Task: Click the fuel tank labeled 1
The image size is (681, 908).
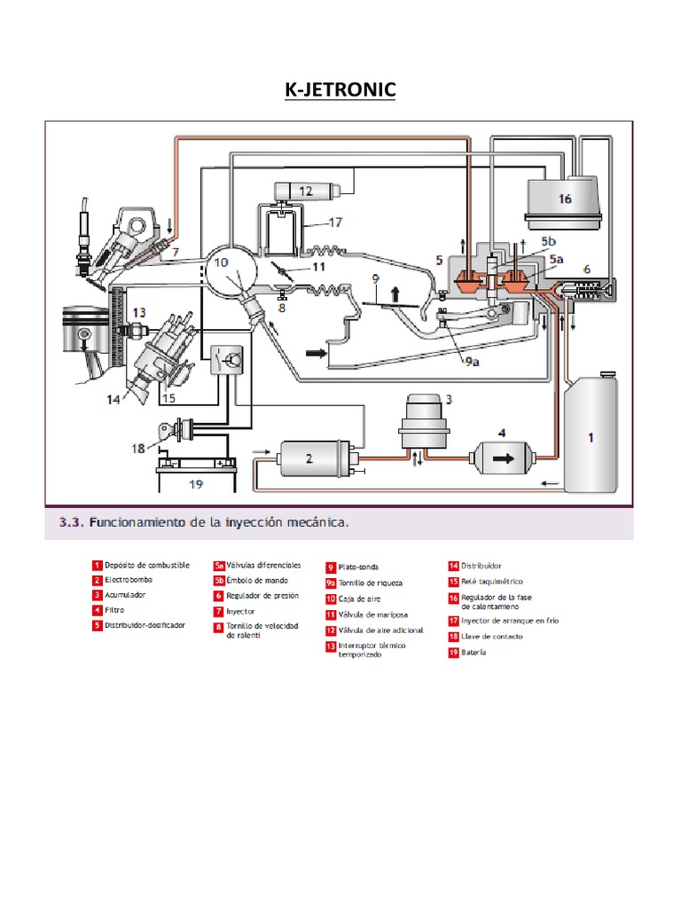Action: click(x=590, y=435)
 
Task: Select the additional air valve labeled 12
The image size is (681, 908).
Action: click(x=304, y=191)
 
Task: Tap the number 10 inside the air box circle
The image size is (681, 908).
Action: click(x=222, y=262)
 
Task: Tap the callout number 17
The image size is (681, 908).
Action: click(x=336, y=223)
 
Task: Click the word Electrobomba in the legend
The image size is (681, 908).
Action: click(x=130, y=579)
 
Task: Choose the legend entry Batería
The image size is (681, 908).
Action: click(x=474, y=652)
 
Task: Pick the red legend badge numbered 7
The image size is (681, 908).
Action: click(x=218, y=611)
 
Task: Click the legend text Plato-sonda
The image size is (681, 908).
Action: click(x=358, y=566)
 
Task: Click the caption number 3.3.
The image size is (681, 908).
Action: click(x=71, y=522)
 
